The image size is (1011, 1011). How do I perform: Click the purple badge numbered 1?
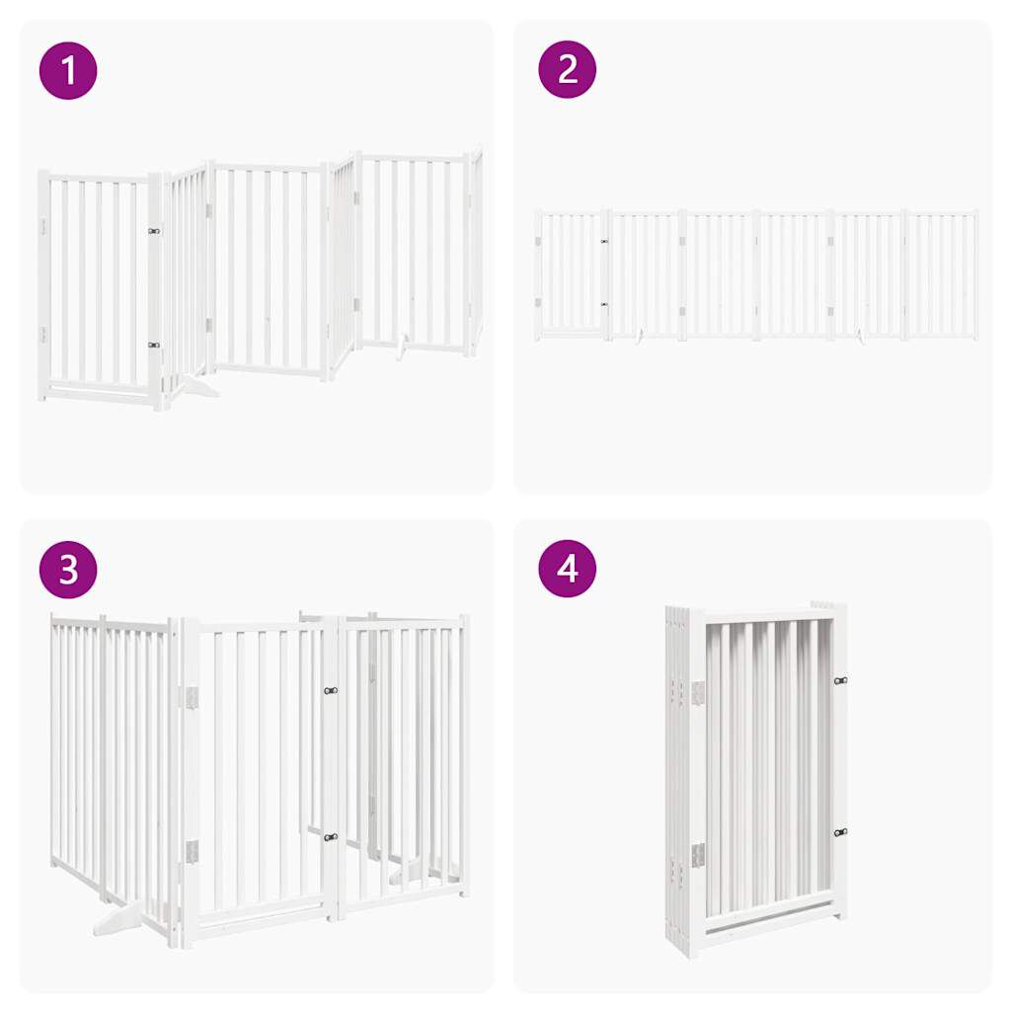(68, 70)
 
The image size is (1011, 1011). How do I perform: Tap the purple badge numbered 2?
(568, 70)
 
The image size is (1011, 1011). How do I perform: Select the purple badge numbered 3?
(68, 569)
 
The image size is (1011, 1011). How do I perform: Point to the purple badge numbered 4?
(568, 569)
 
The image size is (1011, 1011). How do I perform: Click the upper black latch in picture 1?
(153, 231)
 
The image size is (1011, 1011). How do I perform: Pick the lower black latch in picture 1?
(153, 345)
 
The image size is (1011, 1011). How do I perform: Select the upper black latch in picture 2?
(604, 241)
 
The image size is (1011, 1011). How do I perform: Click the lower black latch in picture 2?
(604, 304)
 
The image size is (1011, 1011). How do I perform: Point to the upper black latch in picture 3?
(330, 691)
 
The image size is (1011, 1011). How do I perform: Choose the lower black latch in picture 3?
(330, 837)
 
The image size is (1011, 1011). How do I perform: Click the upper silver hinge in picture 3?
(191, 698)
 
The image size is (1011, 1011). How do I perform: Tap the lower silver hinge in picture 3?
(191, 851)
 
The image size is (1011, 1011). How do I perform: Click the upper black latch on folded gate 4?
(839, 680)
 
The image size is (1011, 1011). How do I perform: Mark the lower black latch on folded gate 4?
(839, 832)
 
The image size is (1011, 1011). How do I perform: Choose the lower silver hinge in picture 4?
(698, 855)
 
